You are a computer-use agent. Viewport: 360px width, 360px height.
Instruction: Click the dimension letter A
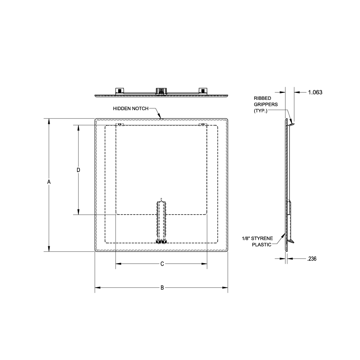click(49, 183)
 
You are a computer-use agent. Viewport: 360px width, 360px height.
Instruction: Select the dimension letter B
click(162, 287)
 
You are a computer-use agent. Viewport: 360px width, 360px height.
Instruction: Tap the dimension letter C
click(162, 264)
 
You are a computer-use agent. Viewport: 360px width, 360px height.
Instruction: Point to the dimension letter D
click(78, 170)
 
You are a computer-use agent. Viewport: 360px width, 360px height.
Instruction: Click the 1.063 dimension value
click(315, 92)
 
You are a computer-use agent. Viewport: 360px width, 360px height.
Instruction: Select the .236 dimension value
click(312, 258)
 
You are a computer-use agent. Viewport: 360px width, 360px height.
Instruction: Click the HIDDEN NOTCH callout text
click(130, 108)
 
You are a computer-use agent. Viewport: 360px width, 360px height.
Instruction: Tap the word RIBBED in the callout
click(262, 98)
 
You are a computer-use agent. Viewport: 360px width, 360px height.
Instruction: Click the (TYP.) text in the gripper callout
click(261, 111)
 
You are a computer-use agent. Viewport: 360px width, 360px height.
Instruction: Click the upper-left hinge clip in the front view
click(120, 125)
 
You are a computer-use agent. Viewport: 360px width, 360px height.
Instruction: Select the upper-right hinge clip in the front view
click(203, 125)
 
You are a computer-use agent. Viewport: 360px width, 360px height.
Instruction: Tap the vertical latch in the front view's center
click(161, 221)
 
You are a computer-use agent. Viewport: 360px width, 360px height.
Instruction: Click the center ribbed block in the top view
click(161, 91)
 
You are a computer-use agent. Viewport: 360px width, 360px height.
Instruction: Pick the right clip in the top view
click(203, 90)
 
